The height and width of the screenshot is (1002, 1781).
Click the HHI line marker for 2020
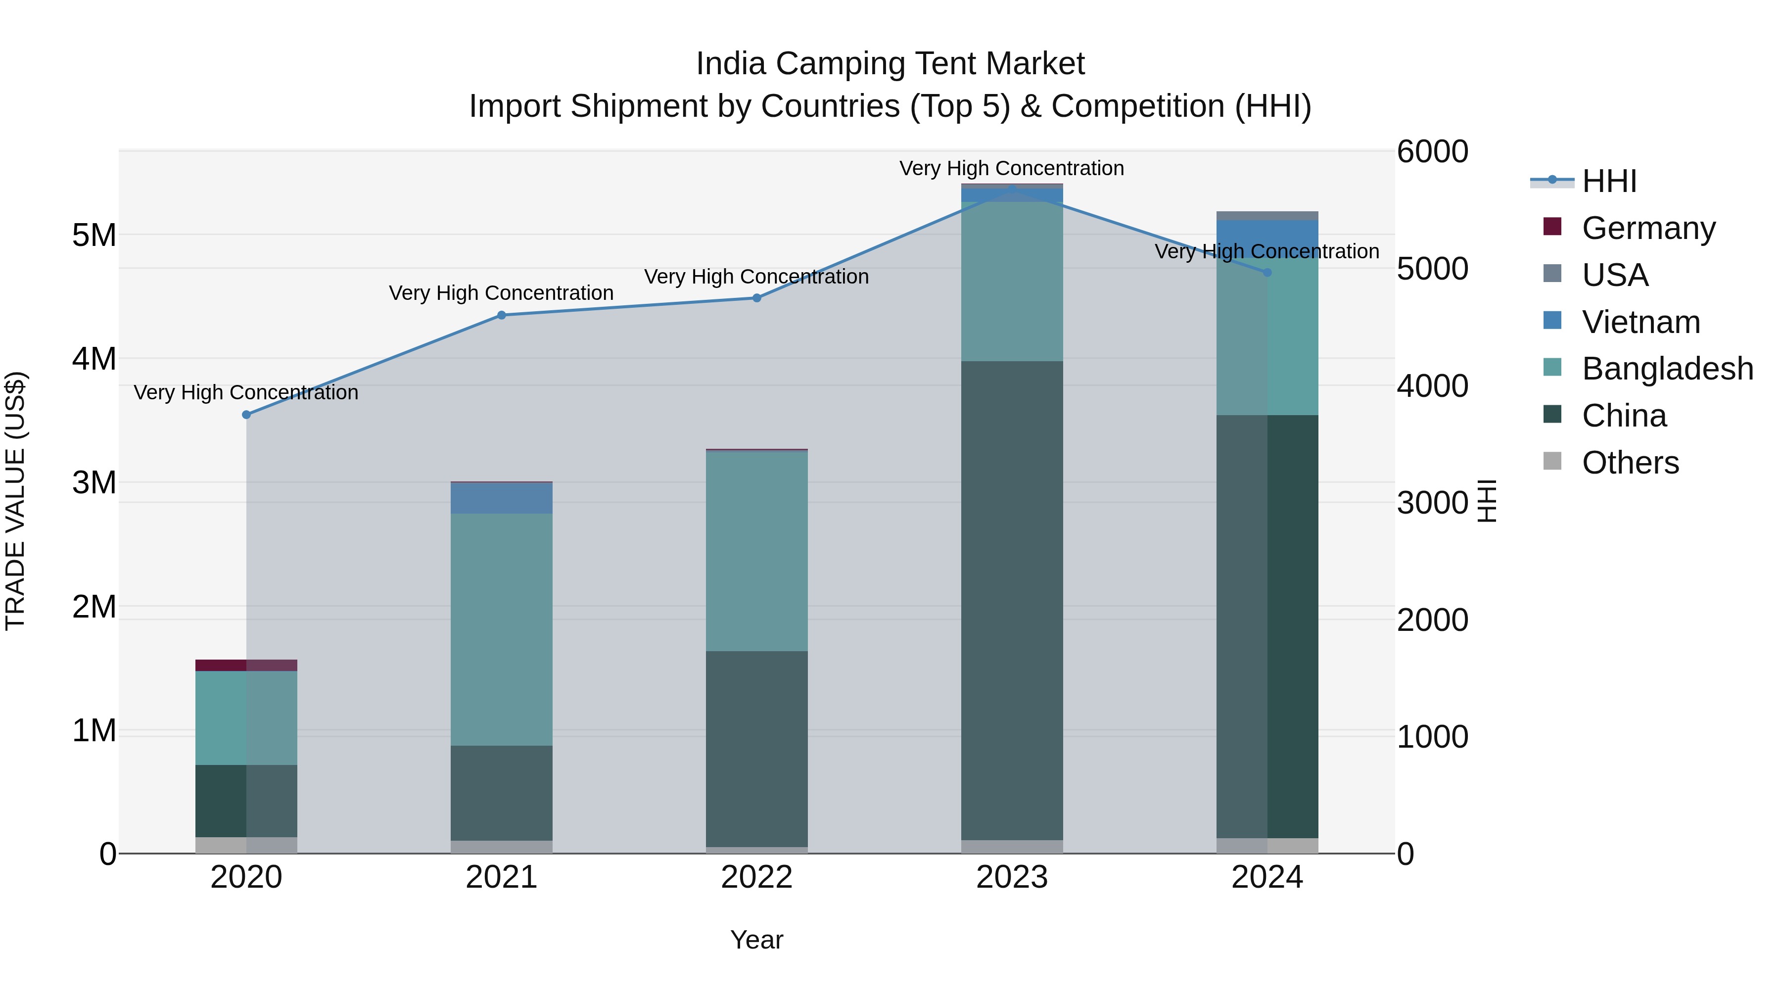pyautogui.click(x=246, y=415)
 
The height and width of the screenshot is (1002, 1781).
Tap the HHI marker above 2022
pyautogui.click(x=756, y=298)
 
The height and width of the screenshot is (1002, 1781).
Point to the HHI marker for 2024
pyautogui.click(x=1267, y=273)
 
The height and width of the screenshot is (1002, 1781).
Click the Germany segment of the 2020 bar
pyautogui.click(x=246, y=665)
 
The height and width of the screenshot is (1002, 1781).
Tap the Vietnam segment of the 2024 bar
pyautogui.click(x=1267, y=235)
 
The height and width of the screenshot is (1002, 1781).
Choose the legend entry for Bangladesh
pyautogui.click(x=1666, y=369)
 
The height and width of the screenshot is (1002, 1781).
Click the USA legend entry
pyautogui.click(x=1614, y=275)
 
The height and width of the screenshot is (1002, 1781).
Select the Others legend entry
pyautogui.click(x=1630, y=463)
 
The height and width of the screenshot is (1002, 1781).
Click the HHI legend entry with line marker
pyautogui.click(x=1609, y=181)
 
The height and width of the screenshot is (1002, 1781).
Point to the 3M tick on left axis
pyautogui.click(x=94, y=482)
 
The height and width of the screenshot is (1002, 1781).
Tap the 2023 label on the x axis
pyautogui.click(x=1012, y=877)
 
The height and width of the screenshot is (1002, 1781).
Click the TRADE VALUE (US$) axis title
pyautogui.click(x=16, y=501)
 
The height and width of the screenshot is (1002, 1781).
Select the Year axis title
pyautogui.click(x=756, y=940)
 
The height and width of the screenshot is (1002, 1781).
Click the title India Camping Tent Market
pyautogui.click(x=890, y=64)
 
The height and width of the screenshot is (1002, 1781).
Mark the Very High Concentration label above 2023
pyautogui.click(x=1012, y=168)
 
